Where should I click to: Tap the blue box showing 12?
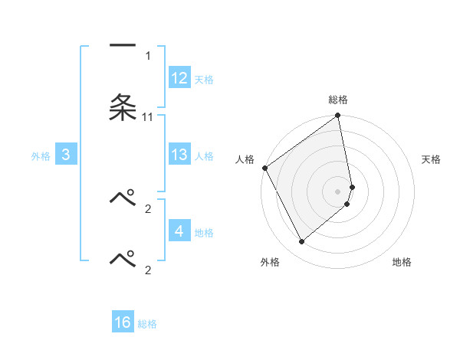click(x=179, y=78)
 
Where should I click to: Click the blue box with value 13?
click(x=179, y=155)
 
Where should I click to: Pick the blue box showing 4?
click(x=179, y=231)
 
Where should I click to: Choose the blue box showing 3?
click(x=66, y=155)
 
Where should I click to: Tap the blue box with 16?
click(x=123, y=322)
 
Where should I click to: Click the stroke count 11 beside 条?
click(x=148, y=116)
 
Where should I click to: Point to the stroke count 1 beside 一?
click(x=148, y=55)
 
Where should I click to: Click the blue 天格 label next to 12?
click(x=204, y=80)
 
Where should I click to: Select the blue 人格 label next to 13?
click(x=204, y=156)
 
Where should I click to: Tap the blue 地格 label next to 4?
click(x=204, y=232)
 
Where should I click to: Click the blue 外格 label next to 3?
click(x=41, y=156)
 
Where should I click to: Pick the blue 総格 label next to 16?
click(x=147, y=324)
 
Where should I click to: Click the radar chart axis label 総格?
click(x=338, y=100)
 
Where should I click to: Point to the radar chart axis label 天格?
click(x=432, y=159)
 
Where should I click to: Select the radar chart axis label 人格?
click(x=245, y=159)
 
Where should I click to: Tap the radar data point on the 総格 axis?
click(x=338, y=116)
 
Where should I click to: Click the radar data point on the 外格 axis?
click(x=301, y=241)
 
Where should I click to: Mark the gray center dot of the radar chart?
click(x=338, y=191)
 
